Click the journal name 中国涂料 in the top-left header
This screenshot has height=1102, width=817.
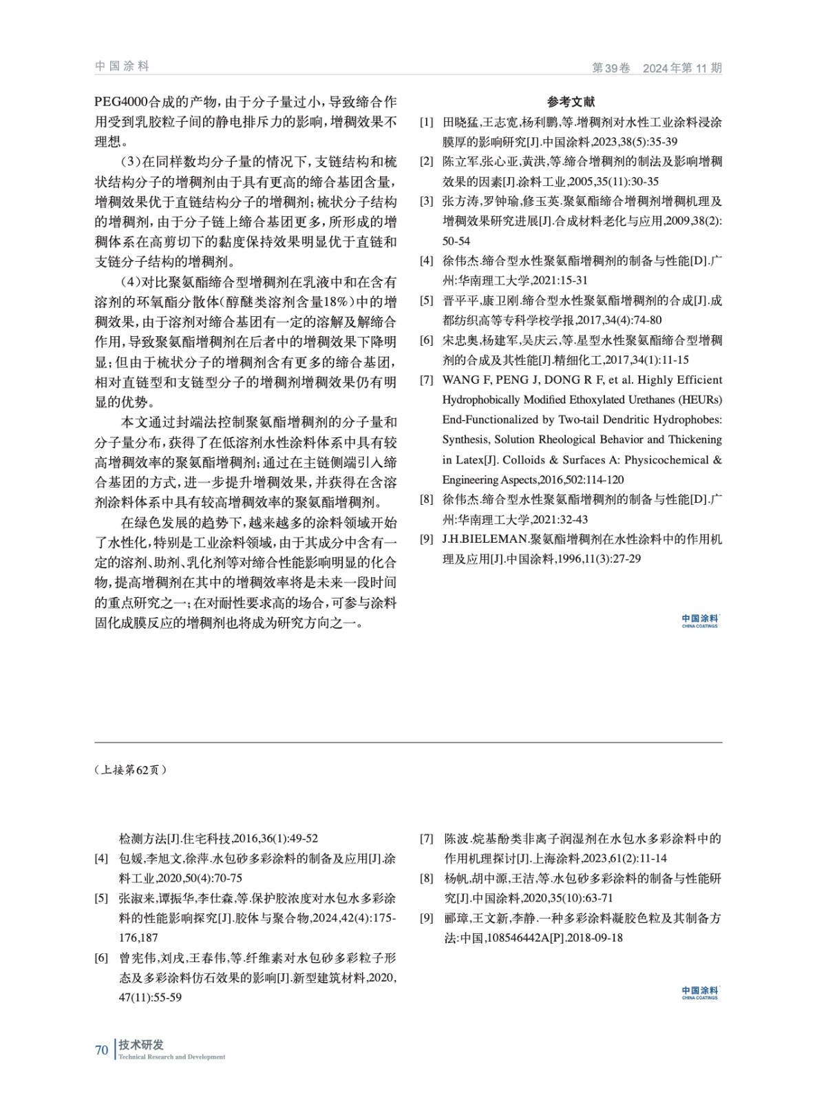point(122,66)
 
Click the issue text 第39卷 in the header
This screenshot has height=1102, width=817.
point(611,68)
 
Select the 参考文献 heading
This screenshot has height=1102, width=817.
point(571,102)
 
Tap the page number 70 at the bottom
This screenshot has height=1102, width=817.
point(101,1050)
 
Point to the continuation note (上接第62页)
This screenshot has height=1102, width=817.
point(130,770)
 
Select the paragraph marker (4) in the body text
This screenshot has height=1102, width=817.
point(131,282)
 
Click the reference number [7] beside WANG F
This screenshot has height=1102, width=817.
point(427,380)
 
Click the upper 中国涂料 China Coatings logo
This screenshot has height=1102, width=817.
point(699,621)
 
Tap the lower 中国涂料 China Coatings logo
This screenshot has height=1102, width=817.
point(699,992)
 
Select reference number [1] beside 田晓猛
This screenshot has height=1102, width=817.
point(427,123)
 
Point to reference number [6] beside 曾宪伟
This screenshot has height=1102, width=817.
point(101,957)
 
